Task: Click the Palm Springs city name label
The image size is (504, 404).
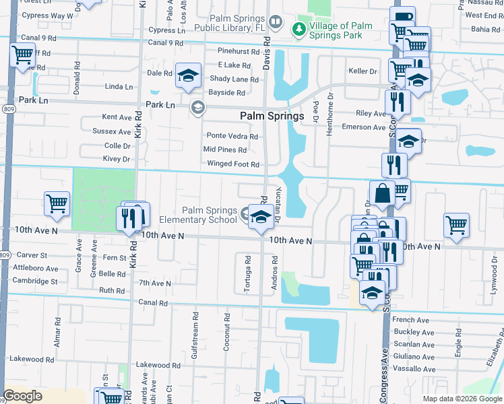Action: (272, 116)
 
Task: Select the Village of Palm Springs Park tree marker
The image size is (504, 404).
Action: (298, 29)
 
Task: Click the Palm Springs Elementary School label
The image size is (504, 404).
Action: (198, 214)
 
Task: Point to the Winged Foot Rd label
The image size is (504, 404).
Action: (233, 164)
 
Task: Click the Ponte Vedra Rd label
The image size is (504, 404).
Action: (232, 136)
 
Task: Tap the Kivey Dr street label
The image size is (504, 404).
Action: (117, 159)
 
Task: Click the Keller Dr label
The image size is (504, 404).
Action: (362, 71)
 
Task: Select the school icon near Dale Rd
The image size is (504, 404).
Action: (188, 75)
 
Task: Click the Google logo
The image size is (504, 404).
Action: (23, 396)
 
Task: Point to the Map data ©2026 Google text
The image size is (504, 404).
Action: (462, 399)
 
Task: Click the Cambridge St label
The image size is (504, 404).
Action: (35, 281)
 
